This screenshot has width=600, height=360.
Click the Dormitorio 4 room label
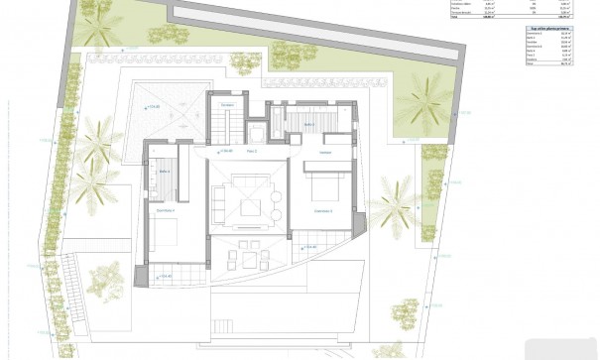[x=167, y=210]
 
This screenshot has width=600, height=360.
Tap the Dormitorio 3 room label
[x=323, y=211]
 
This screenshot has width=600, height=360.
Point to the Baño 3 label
[x=308, y=124]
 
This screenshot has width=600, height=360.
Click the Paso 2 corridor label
[x=251, y=151]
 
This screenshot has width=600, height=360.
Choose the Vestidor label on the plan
[x=324, y=152]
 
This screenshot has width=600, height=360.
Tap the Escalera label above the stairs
[x=227, y=105]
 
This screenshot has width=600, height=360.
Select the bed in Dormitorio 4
[x=166, y=233]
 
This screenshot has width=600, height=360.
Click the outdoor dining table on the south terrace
[x=247, y=258]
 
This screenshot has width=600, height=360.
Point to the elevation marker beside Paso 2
[x=222, y=151]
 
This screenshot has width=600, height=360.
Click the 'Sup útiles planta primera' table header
[x=546, y=30]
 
